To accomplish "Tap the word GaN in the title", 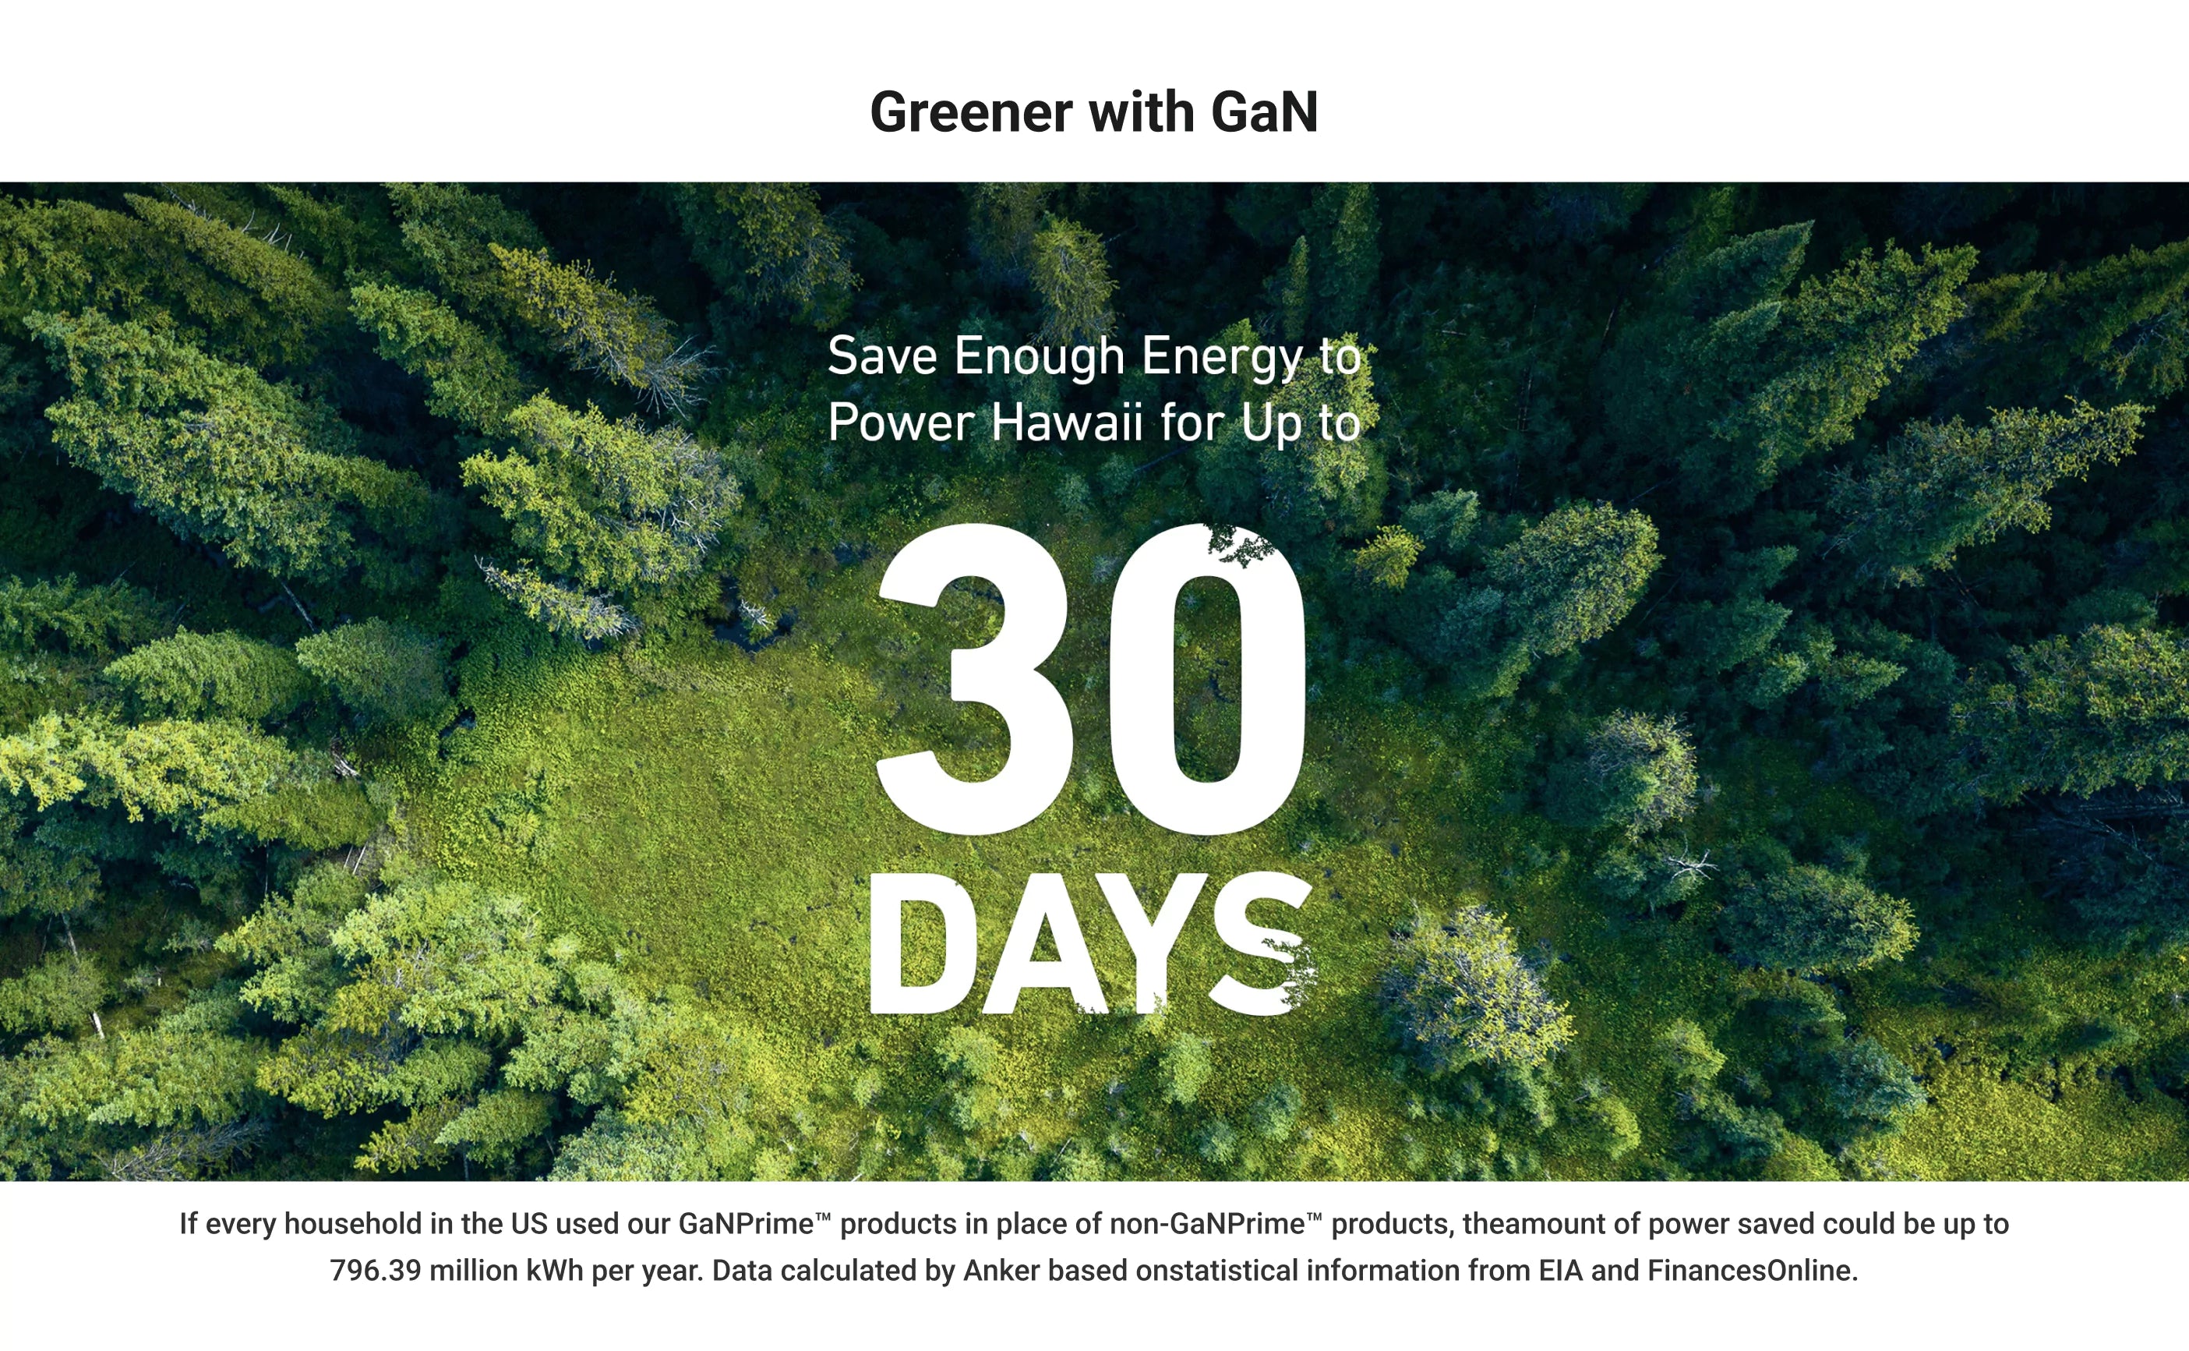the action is (x=1264, y=112).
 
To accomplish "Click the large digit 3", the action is (x=976, y=679).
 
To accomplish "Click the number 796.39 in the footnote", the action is (x=375, y=1271).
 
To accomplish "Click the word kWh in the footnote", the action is (x=555, y=1271).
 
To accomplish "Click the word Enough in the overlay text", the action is (x=1040, y=357).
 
